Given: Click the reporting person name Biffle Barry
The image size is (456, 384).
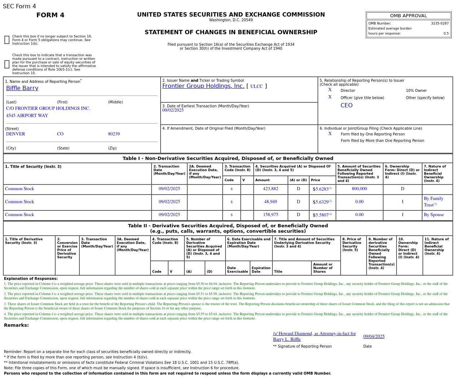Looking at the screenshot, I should click(22, 88).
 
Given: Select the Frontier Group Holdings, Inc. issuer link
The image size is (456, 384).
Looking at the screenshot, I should click(203, 86).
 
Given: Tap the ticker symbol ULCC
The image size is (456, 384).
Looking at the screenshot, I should click(256, 86).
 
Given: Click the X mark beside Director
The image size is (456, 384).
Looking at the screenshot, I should click(330, 90).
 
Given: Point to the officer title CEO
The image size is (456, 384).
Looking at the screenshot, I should click(346, 106).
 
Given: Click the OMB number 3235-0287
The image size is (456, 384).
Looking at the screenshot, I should click(439, 23).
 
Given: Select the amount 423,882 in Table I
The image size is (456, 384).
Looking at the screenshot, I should click(271, 189).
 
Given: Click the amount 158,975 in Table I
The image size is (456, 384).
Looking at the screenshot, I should click(271, 215).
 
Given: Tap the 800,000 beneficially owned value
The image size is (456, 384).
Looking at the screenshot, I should click(359, 189).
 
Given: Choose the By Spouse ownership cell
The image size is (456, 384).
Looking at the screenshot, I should click(434, 215).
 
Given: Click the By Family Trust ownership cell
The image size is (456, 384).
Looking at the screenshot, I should click(434, 202).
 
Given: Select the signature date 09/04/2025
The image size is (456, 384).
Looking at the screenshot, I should click(374, 336).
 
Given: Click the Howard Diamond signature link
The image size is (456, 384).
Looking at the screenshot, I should click(314, 336).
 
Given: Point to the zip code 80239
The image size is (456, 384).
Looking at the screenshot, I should click(114, 134).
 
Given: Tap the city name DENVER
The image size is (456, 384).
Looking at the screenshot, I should click(16, 134).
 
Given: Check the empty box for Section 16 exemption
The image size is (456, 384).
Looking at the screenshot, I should click(7, 40).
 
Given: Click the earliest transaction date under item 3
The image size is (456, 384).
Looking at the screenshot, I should click(173, 110).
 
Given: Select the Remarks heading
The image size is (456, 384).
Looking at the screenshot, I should click(16, 325).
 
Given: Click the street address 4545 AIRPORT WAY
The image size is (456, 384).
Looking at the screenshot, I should click(27, 116).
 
